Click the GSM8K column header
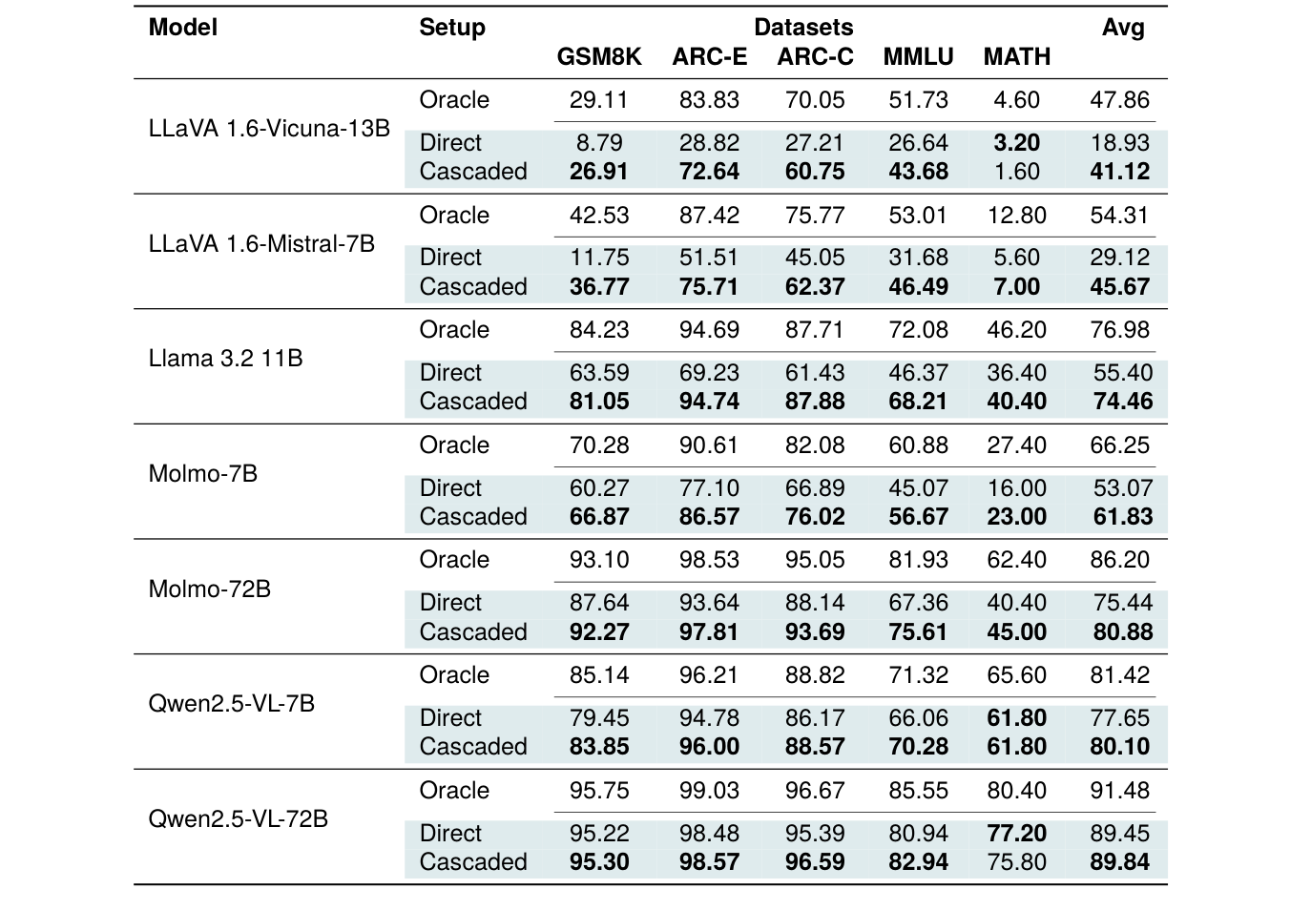click(599, 57)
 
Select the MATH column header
click(1016, 57)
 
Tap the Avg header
click(1122, 28)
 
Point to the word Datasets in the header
click(803, 28)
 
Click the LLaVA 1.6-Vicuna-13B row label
click(269, 129)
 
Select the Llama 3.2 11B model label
click(225, 359)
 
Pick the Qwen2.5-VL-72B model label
click(238, 819)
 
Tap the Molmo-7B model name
click(203, 474)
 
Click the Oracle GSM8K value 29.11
click(598, 100)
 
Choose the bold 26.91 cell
click(598, 172)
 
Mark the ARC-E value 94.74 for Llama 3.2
click(709, 402)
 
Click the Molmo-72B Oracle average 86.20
click(1119, 560)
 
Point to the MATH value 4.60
click(1016, 100)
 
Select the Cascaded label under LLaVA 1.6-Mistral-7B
click(472, 287)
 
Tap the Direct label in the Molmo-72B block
click(450, 603)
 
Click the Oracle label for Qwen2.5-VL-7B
click(454, 675)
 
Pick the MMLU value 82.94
click(918, 862)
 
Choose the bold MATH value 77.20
click(1016, 834)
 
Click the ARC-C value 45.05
click(814, 258)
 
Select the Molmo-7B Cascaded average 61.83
click(1122, 517)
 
